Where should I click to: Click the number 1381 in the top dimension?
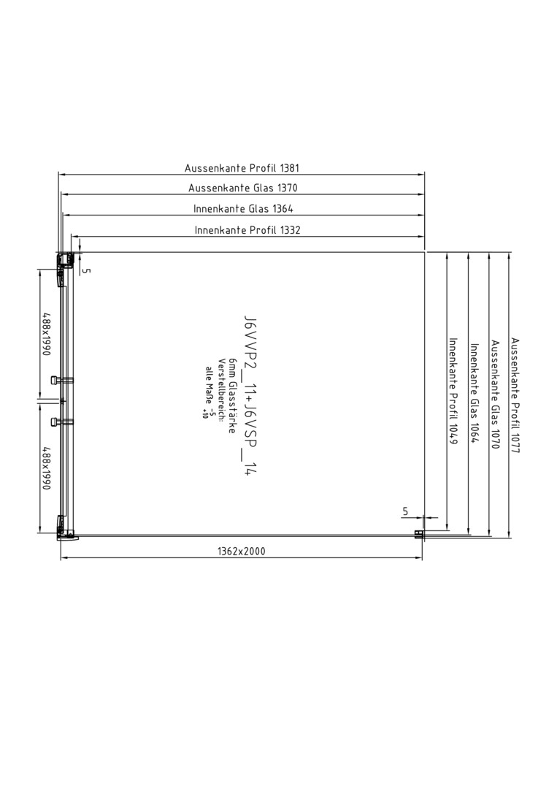(x=289, y=168)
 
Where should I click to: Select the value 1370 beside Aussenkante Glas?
(x=287, y=188)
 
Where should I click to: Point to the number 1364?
(x=283, y=209)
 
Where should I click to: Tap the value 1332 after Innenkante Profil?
(x=290, y=230)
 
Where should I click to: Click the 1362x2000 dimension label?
(x=242, y=552)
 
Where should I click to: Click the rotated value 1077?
(x=515, y=442)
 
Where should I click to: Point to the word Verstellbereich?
(x=220, y=382)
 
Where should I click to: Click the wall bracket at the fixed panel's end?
(x=418, y=534)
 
